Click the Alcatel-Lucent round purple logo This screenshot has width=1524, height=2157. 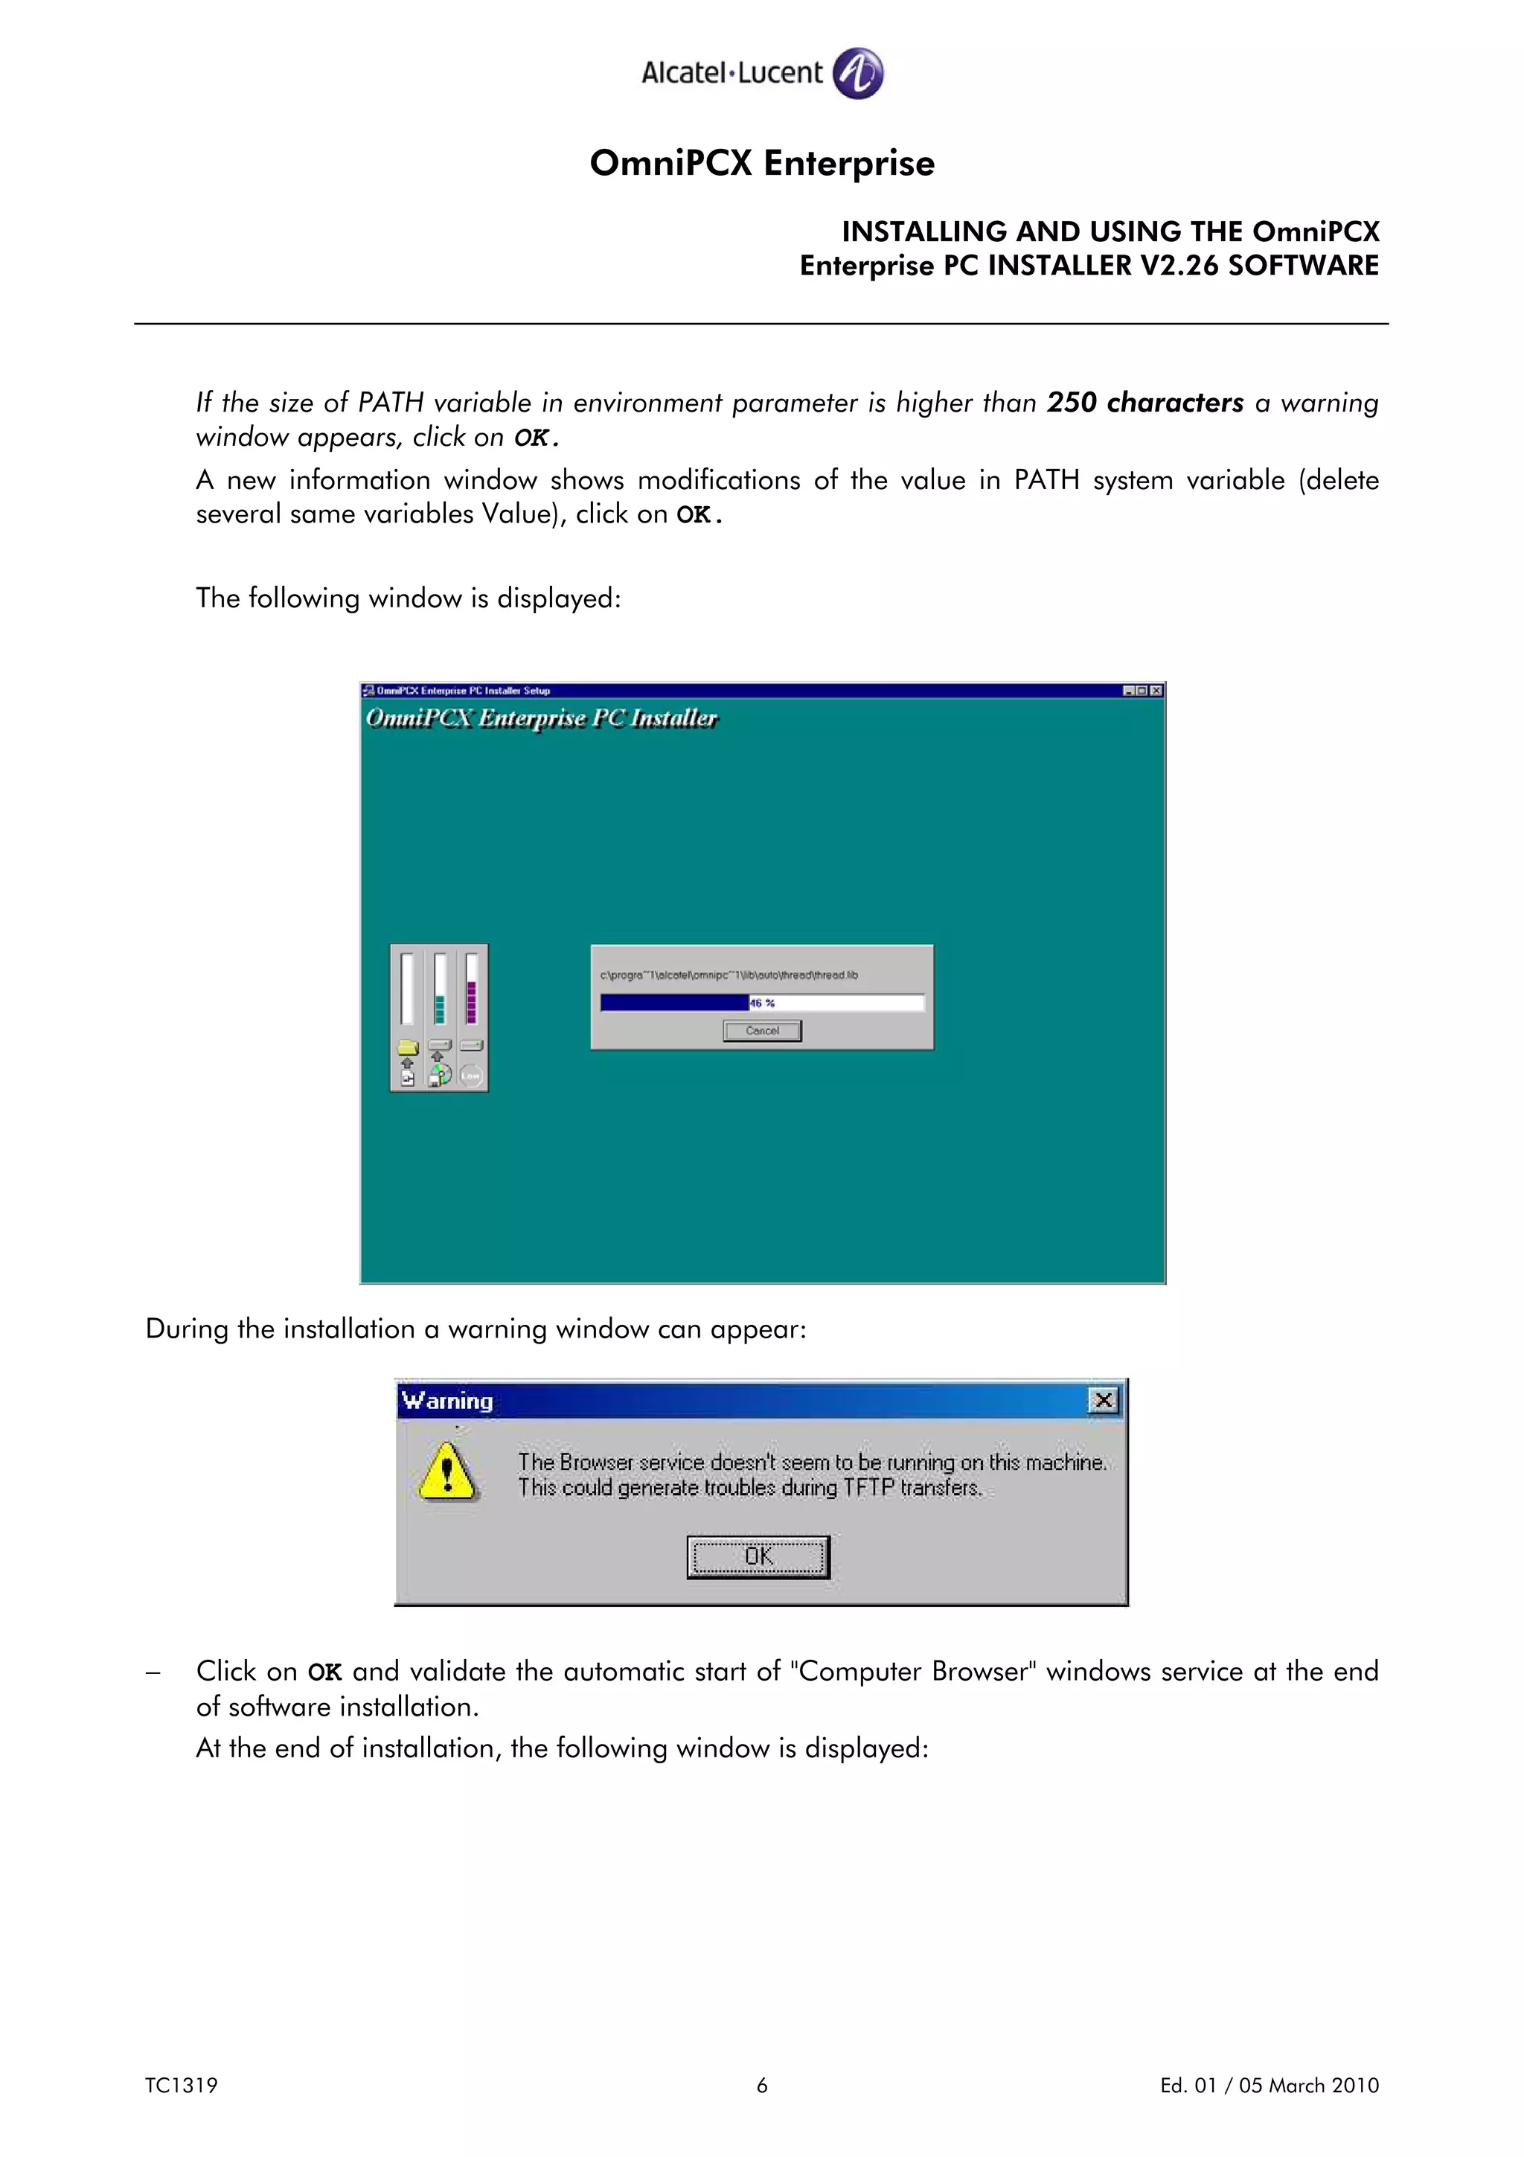pyautogui.click(x=857, y=73)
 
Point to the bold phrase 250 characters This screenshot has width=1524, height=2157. pyautogui.click(x=1144, y=402)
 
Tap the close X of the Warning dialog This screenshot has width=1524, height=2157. pyautogui.click(x=1104, y=1401)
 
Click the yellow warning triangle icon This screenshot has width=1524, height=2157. pyautogui.click(x=447, y=1471)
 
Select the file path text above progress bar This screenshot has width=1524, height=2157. pyautogui.click(x=729, y=975)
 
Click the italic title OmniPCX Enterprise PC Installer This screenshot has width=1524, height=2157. pyautogui.click(x=541, y=719)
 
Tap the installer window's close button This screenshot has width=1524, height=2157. pyautogui.click(x=1156, y=691)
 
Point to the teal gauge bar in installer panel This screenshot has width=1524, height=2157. pyautogui.click(x=440, y=1007)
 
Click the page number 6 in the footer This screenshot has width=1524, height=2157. pyautogui.click(x=761, y=2086)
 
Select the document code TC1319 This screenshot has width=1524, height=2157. pyautogui.click(x=182, y=2086)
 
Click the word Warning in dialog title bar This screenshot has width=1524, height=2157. pyautogui.click(x=447, y=1401)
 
